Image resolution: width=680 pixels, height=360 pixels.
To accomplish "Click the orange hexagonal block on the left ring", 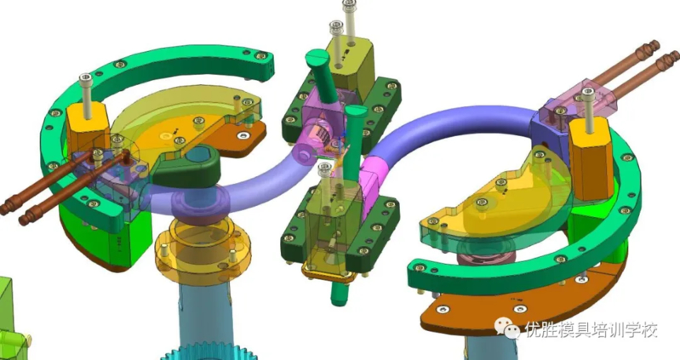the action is click(x=85, y=127).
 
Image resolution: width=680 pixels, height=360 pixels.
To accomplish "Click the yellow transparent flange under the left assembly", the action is click(x=203, y=248).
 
